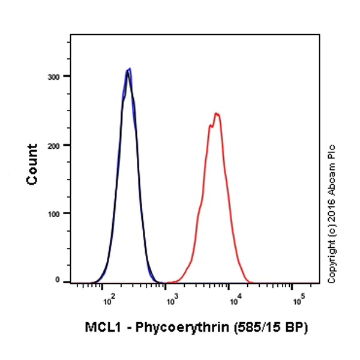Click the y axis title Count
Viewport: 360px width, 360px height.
click(x=33, y=163)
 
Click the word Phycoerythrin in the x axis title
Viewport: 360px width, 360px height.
click(x=178, y=328)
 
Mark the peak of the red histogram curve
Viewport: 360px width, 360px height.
click(x=217, y=113)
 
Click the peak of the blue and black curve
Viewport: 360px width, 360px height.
click(x=128, y=70)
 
